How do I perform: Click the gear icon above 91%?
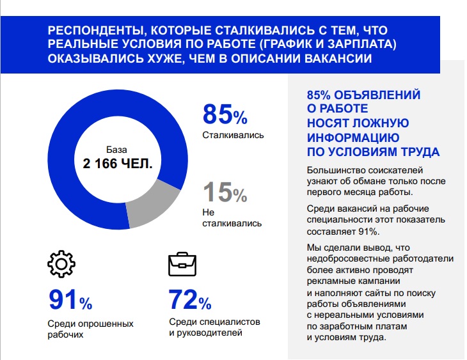point(62,263)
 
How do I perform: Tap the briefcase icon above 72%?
point(182,263)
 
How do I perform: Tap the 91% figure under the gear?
point(70,299)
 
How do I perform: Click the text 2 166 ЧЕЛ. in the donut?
point(118,163)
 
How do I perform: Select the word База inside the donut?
point(117,149)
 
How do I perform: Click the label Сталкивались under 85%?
point(233,136)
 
